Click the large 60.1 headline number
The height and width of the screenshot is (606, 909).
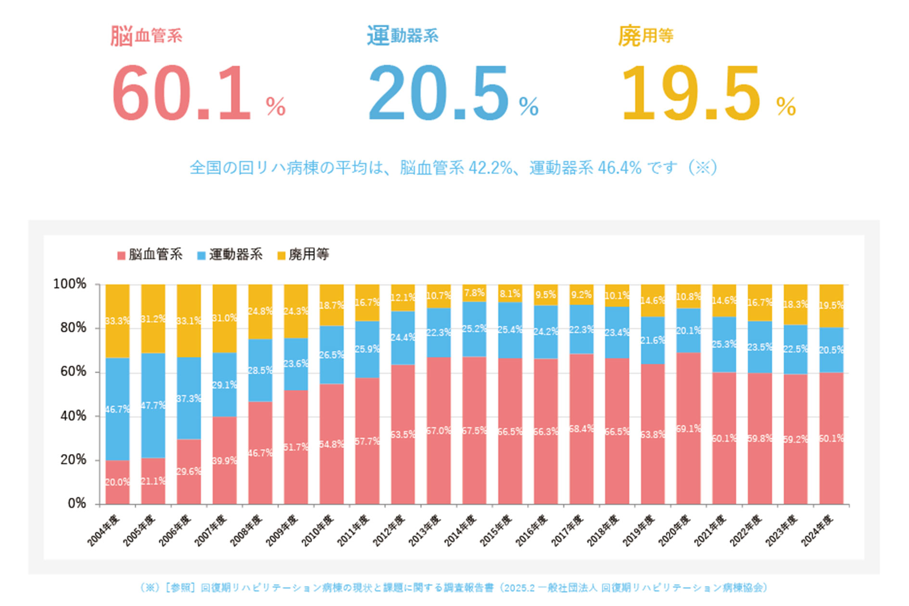coord(181,93)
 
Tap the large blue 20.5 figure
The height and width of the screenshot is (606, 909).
coord(438,93)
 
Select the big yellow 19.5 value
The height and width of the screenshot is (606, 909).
coord(691,93)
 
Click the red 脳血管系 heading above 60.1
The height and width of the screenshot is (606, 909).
coord(146,36)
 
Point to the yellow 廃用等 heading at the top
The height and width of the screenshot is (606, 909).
coord(645,36)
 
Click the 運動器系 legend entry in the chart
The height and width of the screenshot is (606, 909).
coord(230,255)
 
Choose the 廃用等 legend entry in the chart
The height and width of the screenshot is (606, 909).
coord(303,255)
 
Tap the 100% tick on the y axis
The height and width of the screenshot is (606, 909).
coord(70,284)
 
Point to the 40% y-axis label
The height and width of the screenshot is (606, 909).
coord(73,416)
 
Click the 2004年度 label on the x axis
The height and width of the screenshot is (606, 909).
coord(103,530)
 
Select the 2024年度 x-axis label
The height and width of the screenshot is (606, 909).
coord(817,530)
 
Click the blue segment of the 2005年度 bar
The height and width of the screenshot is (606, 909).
coord(153,405)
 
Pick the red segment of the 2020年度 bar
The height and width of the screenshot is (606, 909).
coord(688,428)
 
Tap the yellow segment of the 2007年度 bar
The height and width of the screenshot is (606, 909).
coord(225,318)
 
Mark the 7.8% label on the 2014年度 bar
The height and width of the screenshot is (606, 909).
coord(474,292)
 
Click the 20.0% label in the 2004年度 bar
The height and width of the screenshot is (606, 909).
coord(117,482)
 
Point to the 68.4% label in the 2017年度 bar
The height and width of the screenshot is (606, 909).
coord(581,429)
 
